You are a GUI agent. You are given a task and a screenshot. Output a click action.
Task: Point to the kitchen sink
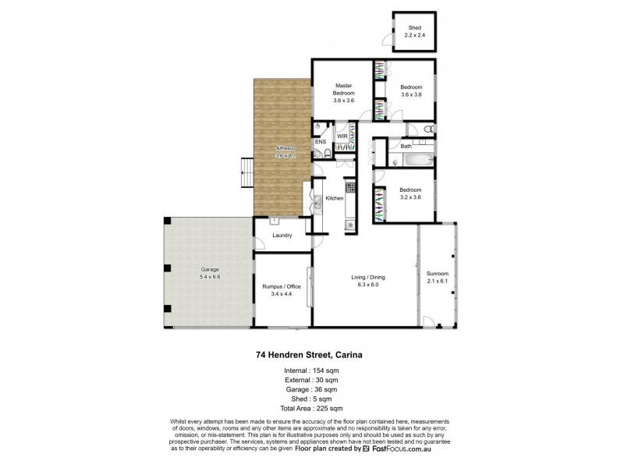click(x=317, y=197)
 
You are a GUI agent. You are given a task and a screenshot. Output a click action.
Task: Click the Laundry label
click(x=282, y=236)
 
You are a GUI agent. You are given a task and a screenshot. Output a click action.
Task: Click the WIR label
click(x=342, y=136)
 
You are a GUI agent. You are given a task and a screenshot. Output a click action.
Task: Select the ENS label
click(x=320, y=143)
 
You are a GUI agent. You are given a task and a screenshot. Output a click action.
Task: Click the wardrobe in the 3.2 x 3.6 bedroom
click(x=380, y=205)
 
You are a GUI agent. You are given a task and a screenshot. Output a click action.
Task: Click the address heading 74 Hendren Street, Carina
click(x=312, y=353)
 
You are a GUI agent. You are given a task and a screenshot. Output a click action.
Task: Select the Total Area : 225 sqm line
click(x=312, y=408)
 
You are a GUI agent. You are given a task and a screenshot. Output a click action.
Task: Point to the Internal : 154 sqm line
click(x=312, y=370)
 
